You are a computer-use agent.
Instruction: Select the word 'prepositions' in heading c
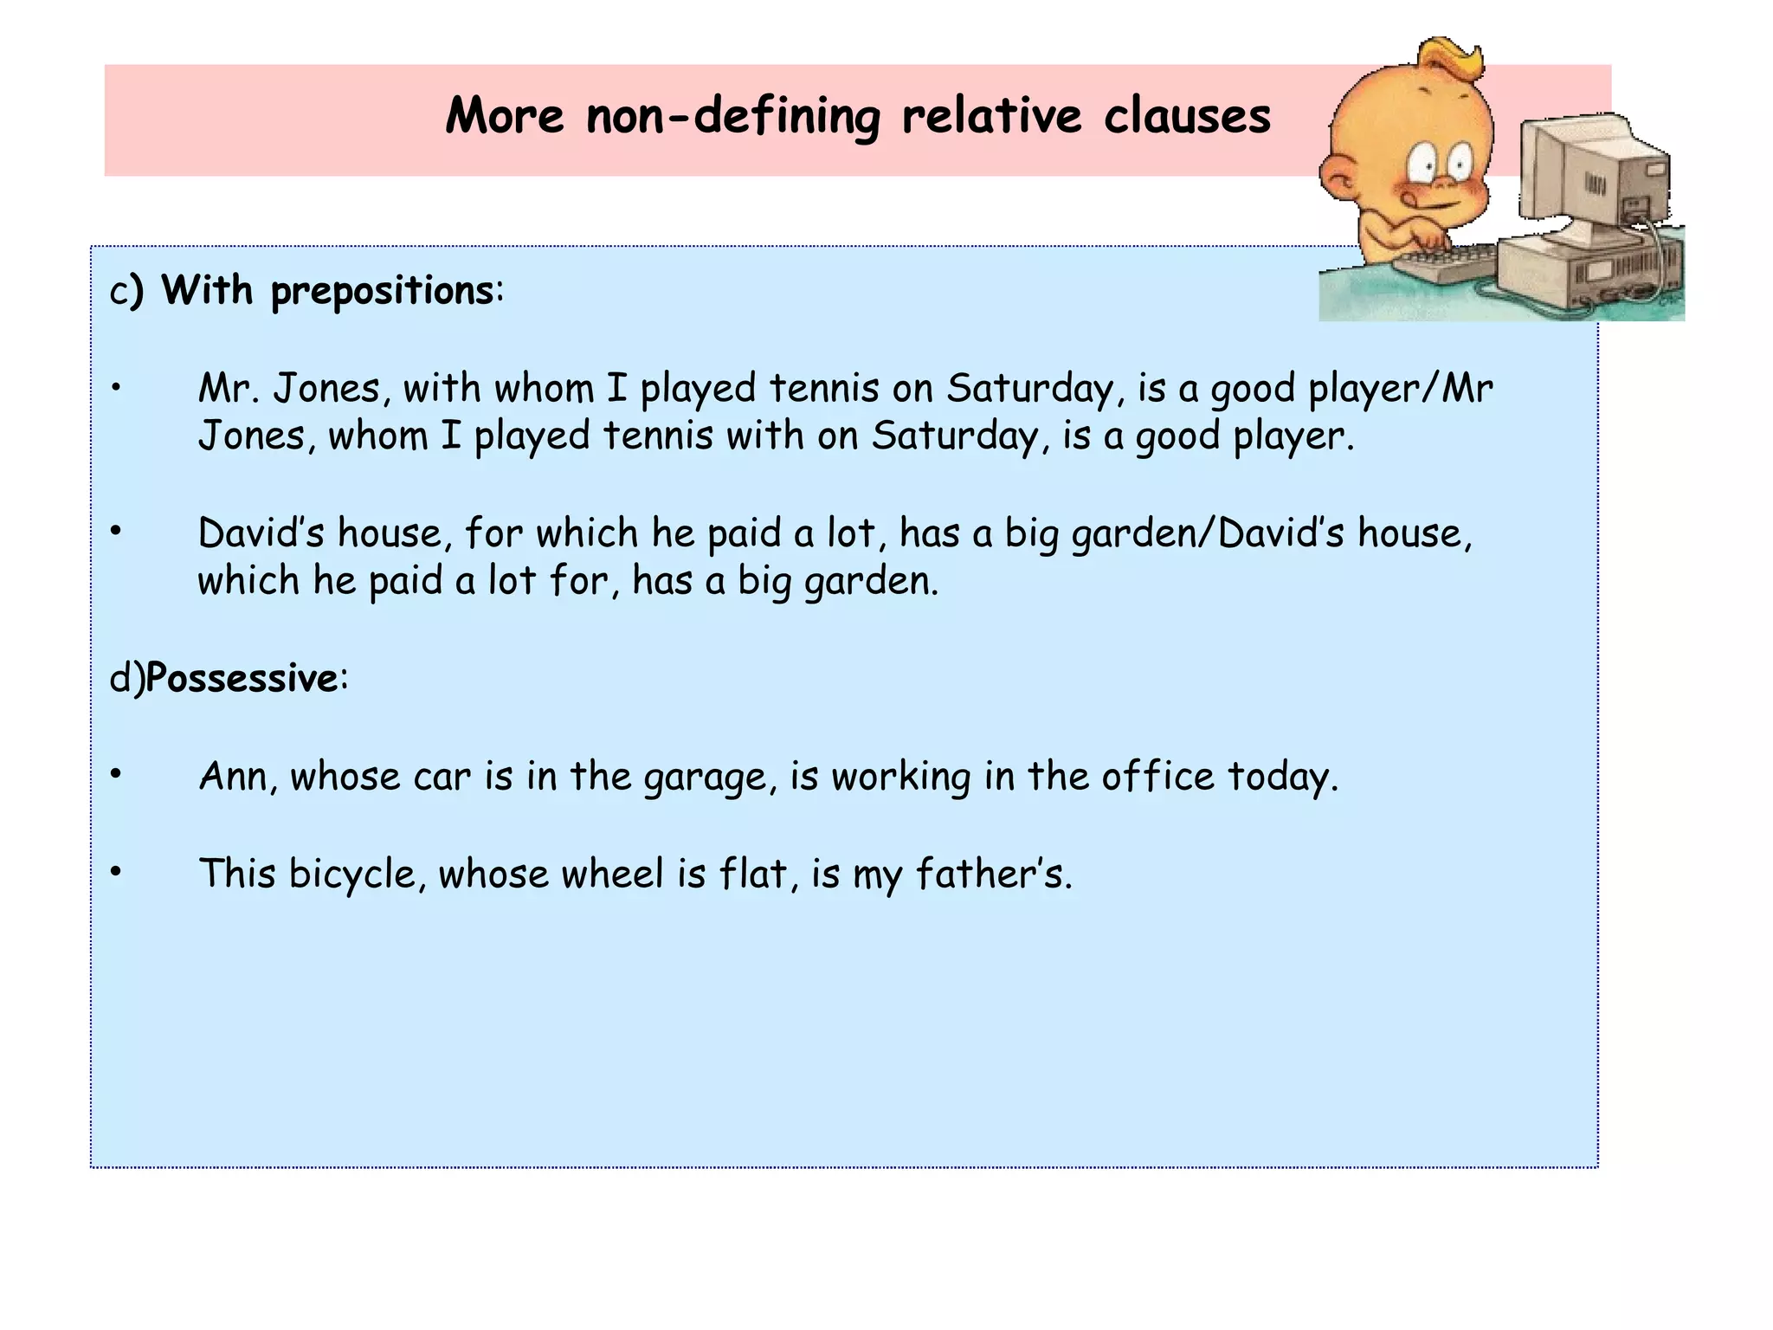382,291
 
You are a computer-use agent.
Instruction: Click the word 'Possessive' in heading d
242,678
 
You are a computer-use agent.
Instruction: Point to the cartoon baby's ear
1341,179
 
